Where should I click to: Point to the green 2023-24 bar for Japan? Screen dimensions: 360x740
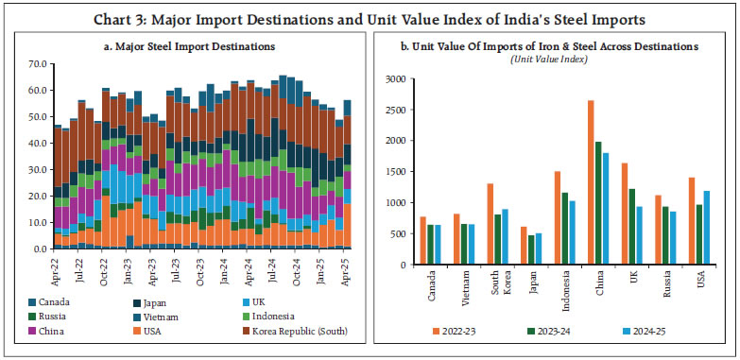point(530,249)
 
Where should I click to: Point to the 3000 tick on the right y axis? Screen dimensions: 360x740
point(395,78)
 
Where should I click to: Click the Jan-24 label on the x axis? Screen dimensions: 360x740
point(226,269)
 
